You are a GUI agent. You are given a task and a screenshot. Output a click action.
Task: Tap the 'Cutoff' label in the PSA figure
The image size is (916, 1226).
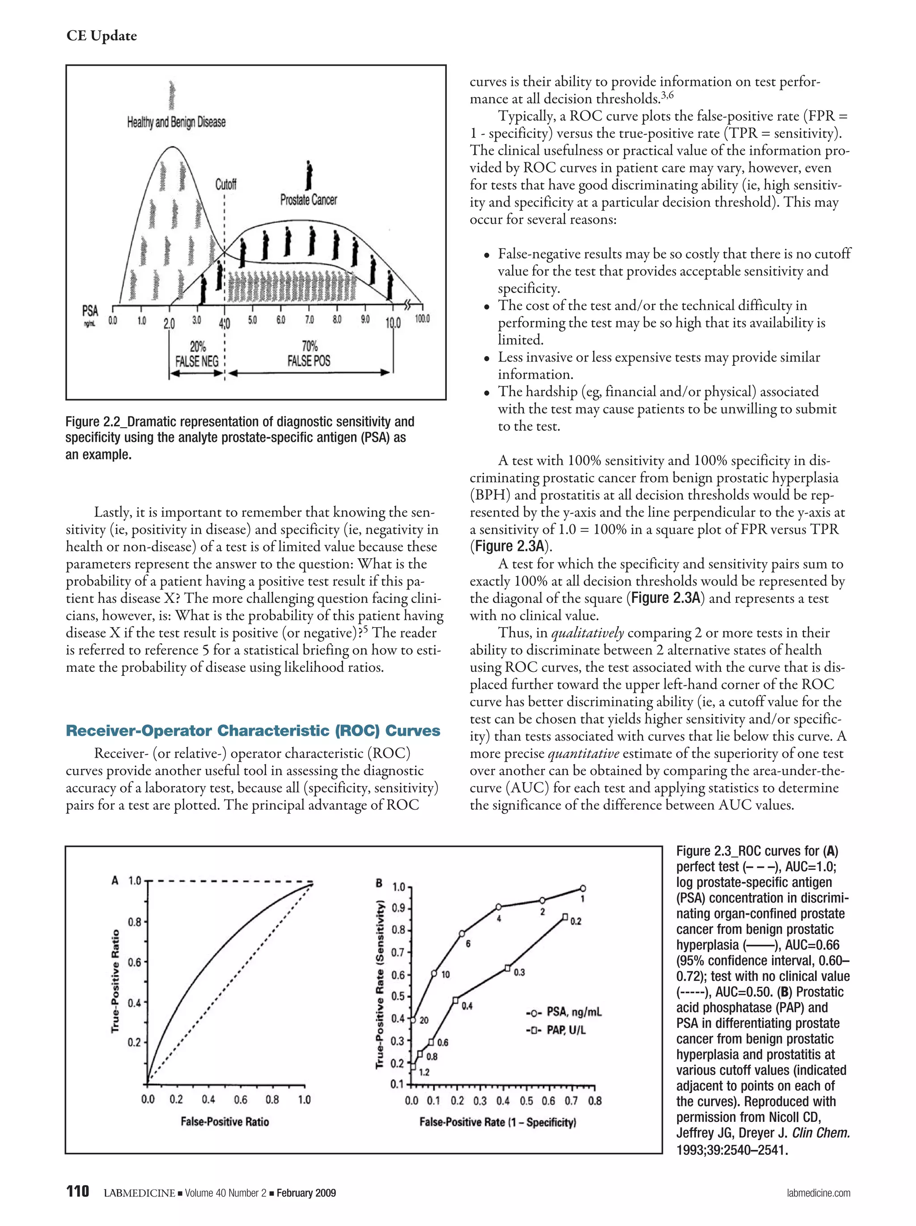[x=225, y=184]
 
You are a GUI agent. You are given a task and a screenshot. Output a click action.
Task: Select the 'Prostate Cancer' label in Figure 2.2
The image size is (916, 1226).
[x=308, y=199]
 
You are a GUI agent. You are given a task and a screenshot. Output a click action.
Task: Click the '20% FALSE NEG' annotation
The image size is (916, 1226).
[x=197, y=355]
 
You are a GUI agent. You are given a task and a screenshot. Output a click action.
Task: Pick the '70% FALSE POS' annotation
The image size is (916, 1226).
[x=309, y=354]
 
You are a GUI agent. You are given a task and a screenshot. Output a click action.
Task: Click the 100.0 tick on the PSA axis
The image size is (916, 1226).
[x=422, y=319]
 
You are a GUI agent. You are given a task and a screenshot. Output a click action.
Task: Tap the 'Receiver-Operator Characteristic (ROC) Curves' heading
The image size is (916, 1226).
[x=253, y=730]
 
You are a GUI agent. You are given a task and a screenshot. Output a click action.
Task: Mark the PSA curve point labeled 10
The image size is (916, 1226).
[x=434, y=973]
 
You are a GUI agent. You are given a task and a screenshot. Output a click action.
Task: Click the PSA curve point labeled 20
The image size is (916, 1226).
[x=413, y=1020]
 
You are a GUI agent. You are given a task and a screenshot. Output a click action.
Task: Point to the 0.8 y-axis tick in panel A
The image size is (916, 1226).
[x=135, y=922]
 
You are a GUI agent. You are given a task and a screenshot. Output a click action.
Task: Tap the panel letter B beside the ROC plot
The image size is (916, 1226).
[x=379, y=883]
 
